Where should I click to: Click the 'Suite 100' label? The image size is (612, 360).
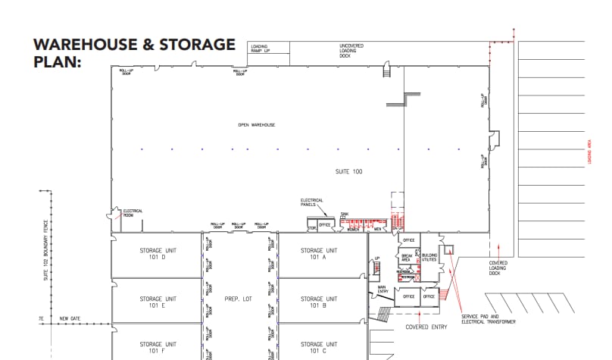[348, 172]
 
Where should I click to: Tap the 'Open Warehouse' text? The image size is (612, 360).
[256, 124]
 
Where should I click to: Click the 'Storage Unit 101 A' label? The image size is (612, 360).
[319, 253]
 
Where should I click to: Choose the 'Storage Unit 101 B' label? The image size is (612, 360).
[319, 302]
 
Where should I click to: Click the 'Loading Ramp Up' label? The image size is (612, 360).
[260, 48]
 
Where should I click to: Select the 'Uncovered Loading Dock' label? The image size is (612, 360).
[351, 50]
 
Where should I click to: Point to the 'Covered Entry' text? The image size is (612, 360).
[426, 327]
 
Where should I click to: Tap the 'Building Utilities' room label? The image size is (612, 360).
[429, 258]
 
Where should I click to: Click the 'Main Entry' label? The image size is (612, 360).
[382, 288]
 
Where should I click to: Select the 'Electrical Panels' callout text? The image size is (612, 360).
[312, 202]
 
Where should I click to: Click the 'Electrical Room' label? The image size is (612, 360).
[133, 213]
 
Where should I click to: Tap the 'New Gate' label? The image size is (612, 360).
[70, 318]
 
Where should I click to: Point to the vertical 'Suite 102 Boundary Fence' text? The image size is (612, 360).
[45, 261]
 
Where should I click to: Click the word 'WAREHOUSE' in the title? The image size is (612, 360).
[83, 45]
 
